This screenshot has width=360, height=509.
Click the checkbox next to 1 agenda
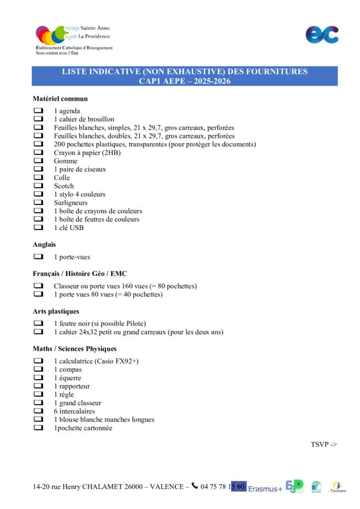(38, 111)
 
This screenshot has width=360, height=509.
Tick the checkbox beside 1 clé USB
(38, 228)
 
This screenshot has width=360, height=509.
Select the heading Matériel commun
(60, 99)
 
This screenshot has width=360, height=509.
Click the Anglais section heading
(44, 245)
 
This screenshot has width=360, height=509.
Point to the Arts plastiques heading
(56, 312)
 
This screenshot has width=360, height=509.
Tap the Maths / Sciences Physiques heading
(75, 349)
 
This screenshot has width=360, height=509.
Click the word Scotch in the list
(64, 186)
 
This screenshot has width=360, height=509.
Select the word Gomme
(66, 161)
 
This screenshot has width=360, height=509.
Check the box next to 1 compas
(38, 369)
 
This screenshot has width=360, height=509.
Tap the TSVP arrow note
(324, 444)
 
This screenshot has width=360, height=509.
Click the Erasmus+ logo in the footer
(265, 488)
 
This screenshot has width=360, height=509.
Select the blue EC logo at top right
(322, 34)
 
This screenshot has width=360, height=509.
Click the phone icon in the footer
(194, 486)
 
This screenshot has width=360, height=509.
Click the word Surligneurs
(71, 203)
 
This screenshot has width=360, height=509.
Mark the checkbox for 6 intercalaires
(38, 411)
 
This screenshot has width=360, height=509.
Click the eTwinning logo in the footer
(338, 487)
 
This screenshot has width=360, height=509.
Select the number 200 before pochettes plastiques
(60, 144)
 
